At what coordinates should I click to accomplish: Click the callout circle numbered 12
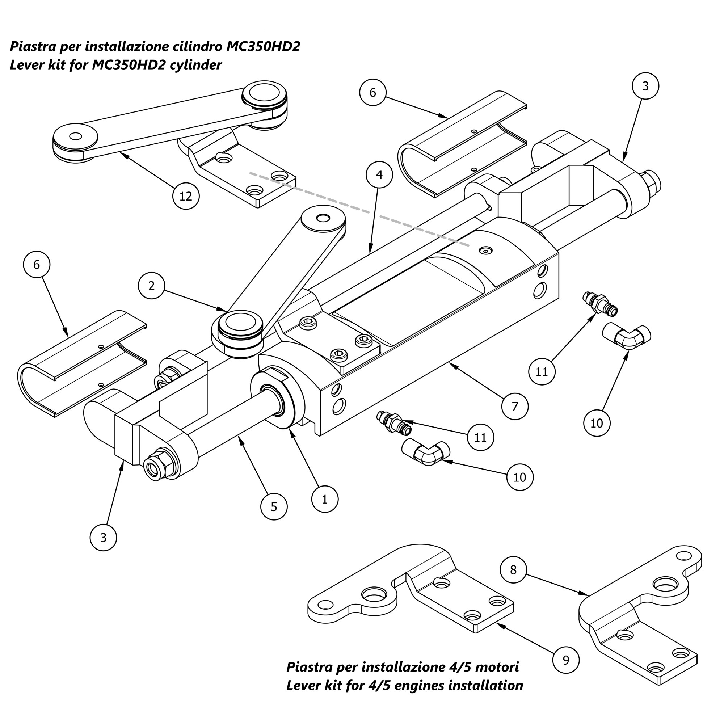[186, 196]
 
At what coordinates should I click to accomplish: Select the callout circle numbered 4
[379, 174]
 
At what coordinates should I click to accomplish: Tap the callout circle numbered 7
[514, 406]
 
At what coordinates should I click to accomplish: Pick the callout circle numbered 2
[151, 286]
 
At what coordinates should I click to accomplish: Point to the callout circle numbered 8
[513, 570]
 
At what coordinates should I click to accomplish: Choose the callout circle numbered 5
[274, 507]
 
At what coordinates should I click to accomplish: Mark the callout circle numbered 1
[324, 499]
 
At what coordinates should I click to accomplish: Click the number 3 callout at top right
[645, 86]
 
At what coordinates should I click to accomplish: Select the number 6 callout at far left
[36, 265]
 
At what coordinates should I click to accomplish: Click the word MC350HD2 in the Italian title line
[263, 46]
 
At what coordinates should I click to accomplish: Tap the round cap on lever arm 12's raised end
[265, 94]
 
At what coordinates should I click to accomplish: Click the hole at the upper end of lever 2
[323, 218]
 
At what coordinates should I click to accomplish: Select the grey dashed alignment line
[360, 209]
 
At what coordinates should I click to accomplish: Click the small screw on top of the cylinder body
[486, 251]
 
